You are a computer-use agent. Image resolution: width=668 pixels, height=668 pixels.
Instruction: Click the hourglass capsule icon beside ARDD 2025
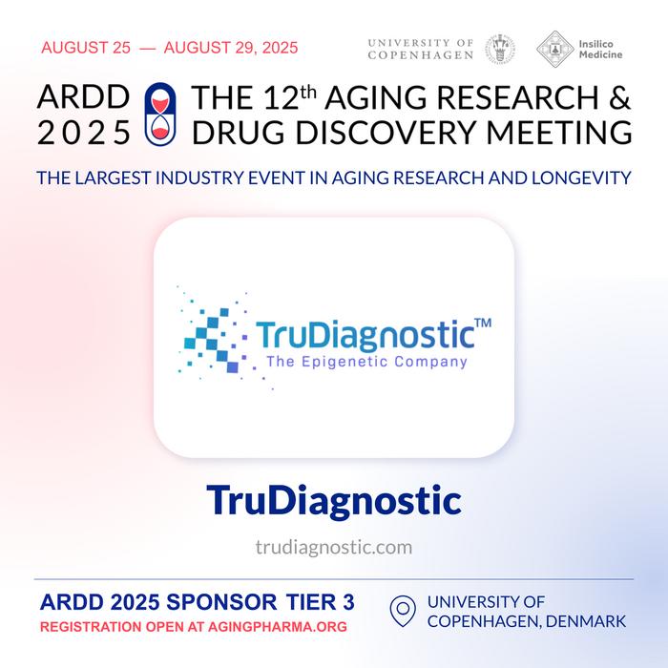[x=160, y=115]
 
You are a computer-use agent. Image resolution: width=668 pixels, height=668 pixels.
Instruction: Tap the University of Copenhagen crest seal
[x=500, y=49]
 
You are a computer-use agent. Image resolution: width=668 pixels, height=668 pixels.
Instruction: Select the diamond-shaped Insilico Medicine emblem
[x=554, y=49]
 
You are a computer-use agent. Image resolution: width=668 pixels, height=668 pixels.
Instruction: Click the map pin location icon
[x=403, y=611]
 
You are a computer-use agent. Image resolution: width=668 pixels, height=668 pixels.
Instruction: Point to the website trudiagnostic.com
[x=334, y=548]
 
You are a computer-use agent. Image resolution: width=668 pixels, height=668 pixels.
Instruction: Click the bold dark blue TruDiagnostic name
[x=334, y=501]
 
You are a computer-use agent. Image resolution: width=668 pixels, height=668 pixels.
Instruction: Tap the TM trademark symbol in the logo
[x=483, y=323]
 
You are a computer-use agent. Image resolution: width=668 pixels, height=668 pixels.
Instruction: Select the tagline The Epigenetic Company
[x=366, y=362]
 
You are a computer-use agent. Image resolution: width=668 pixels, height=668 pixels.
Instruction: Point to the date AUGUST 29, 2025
[x=231, y=48]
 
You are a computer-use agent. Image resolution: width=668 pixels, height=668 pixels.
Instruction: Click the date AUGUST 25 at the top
[x=86, y=48]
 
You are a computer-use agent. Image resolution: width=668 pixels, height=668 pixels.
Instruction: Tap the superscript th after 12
[x=308, y=92]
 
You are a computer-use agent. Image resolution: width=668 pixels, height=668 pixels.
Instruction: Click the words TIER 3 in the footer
[x=320, y=602]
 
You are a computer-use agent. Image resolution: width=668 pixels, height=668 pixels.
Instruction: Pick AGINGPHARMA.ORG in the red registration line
[x=278, y=627]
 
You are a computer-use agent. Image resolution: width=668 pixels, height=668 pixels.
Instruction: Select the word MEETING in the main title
[x=559, y=133]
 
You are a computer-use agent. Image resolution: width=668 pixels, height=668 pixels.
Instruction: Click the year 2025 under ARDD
[x=84, y=133]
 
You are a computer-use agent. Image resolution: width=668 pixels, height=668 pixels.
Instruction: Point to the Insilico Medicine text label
[x=600, y=49]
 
